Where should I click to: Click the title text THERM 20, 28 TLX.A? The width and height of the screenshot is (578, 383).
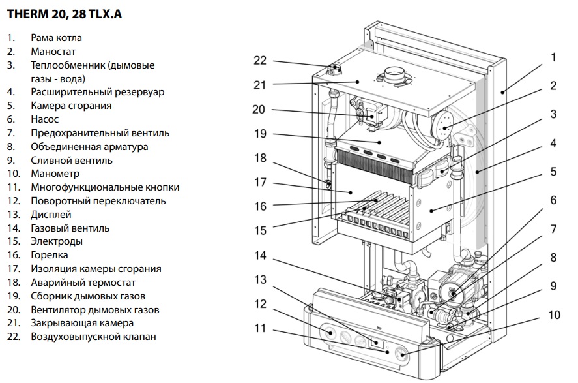tap(64, 14)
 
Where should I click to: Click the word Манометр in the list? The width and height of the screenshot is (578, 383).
tap(55, 174)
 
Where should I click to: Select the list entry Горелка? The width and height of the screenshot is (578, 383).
tap(49, 255)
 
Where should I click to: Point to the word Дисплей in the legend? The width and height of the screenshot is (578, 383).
tap(51, 215)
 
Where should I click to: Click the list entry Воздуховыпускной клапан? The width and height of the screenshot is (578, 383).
tap(93, 337)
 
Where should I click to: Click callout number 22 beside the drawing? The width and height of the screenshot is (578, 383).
tap(260, 61)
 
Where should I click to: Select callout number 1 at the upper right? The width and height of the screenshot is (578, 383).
tap(553, 57)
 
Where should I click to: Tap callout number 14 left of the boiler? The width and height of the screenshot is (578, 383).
tap(260, 255)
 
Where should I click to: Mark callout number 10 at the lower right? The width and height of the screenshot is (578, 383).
tap(553, 314)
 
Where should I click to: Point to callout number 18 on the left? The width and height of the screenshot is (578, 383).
tap(260, 158)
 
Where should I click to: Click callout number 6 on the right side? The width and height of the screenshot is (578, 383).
tap(553, 200)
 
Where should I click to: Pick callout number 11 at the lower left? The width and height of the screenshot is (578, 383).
tap(260, 328)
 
